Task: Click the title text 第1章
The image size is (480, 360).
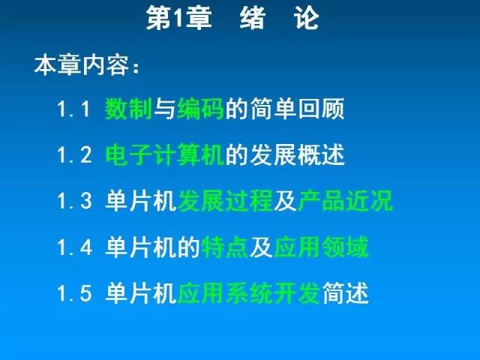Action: coord(179,18)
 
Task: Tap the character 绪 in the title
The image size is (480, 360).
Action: coord(253,18)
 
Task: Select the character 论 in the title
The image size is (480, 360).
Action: coord(307,18)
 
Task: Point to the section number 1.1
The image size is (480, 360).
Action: coord(73,109)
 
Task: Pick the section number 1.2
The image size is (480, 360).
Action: coord(74,155)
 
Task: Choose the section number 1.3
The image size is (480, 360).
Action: coord(74,201)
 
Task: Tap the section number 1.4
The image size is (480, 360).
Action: coord(75,247)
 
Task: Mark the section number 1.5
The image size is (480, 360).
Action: coord(74,293)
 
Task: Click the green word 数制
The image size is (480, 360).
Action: coord(128,109)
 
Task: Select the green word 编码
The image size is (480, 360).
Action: coord(200,109)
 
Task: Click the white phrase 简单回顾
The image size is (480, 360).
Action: coord(297,109)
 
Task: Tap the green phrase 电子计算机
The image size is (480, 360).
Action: coord(165,155)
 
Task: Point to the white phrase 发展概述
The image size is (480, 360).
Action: coord(297,155)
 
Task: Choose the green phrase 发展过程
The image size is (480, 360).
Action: coord(225,201)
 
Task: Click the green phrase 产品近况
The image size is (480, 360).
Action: coord(345,201)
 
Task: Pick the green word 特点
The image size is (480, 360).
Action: coord(225,247)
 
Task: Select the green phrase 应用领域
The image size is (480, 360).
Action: coord(321,247)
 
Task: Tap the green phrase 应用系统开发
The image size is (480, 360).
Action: coord(249,293)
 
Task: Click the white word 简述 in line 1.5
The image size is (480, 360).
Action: coord(345,293)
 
